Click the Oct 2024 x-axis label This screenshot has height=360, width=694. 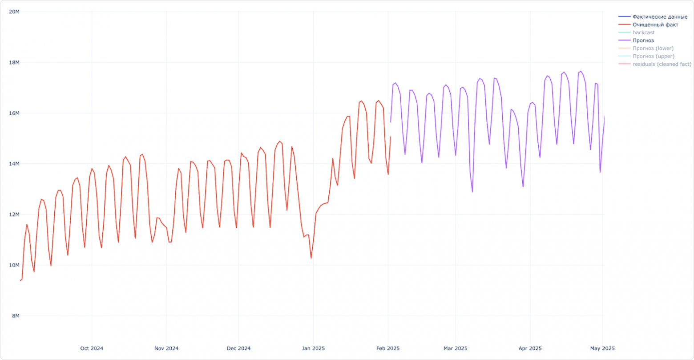coord(92,348)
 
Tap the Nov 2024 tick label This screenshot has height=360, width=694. coord(166,348)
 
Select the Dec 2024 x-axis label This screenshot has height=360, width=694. coord(238,348)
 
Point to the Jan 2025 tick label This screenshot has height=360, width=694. coord(313,348)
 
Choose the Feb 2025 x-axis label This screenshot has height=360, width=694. coord(388,348)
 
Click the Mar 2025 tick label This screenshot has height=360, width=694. coord(456,348)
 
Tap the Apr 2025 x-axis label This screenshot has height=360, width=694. coord(530,348)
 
